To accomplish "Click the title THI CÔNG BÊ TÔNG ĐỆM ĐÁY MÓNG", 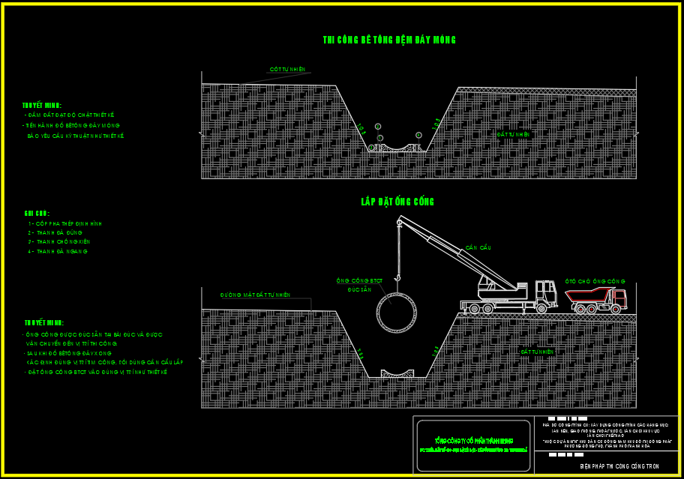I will coord(389,40).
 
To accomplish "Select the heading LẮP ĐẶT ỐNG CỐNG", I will coord(397,202).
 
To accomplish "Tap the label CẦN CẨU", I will coord(478,247).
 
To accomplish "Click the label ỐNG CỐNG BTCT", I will coord(359,280).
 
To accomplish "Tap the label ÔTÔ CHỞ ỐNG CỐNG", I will coord(595,280).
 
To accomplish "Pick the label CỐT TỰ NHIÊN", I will coord(288,70).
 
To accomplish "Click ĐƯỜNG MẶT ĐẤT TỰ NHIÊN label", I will coord(255,295).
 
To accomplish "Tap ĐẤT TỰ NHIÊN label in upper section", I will coord(514,134).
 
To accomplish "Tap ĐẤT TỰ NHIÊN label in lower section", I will coord(537,351).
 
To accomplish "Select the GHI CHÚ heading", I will coord(37,214).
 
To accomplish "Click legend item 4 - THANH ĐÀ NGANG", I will coord(58,252).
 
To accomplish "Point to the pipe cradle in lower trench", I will coord(397,373).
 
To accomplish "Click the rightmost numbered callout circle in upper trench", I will coord(418,135).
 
